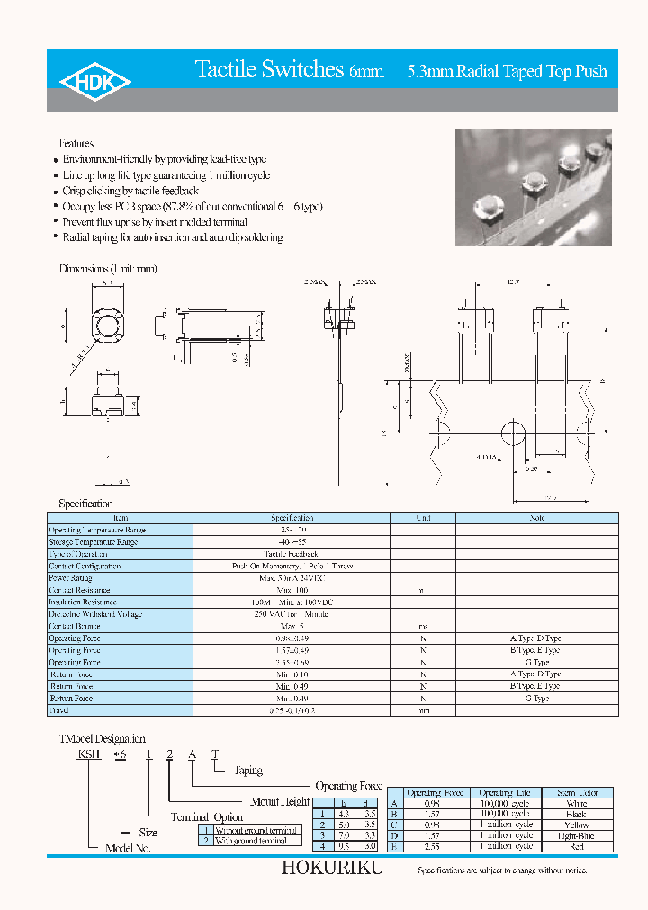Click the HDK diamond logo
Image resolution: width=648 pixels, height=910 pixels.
(94, 82)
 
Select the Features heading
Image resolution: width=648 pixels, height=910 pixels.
(76, 144)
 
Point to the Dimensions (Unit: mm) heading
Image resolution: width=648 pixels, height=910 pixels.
(108, 269)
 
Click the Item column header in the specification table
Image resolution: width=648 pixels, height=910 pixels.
(121, 518)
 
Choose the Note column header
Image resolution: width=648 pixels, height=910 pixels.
(537, 518)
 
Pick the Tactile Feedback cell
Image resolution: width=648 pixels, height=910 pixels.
(292, 554)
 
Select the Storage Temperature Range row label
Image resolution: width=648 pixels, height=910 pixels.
(93, 542)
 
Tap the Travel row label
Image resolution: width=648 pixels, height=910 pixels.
(58, 710)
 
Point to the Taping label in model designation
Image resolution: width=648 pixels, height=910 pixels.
(248, 771)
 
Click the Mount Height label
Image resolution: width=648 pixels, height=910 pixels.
(279, 801)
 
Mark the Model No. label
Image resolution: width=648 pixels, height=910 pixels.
(128, 848)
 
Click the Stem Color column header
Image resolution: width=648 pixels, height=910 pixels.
(577, 792)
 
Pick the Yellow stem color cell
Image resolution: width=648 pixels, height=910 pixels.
(577, 825)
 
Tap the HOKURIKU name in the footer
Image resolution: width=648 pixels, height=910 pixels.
(332, 869)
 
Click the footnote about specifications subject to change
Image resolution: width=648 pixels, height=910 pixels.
(501, 870)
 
